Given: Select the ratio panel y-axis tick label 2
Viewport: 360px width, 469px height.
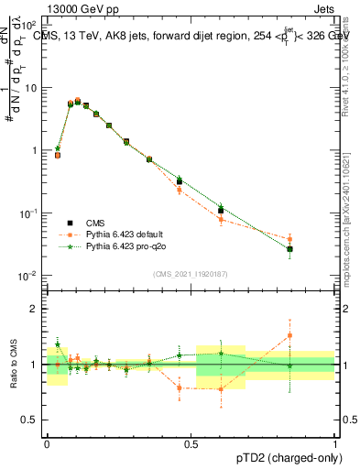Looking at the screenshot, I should tap(33, 309).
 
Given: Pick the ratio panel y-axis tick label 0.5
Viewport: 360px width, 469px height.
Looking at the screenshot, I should tap(29, 420).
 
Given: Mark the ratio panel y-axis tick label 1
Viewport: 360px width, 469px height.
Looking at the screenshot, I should tap(33, 365).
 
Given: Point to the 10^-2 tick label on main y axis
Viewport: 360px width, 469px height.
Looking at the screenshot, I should tap(28, 276).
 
